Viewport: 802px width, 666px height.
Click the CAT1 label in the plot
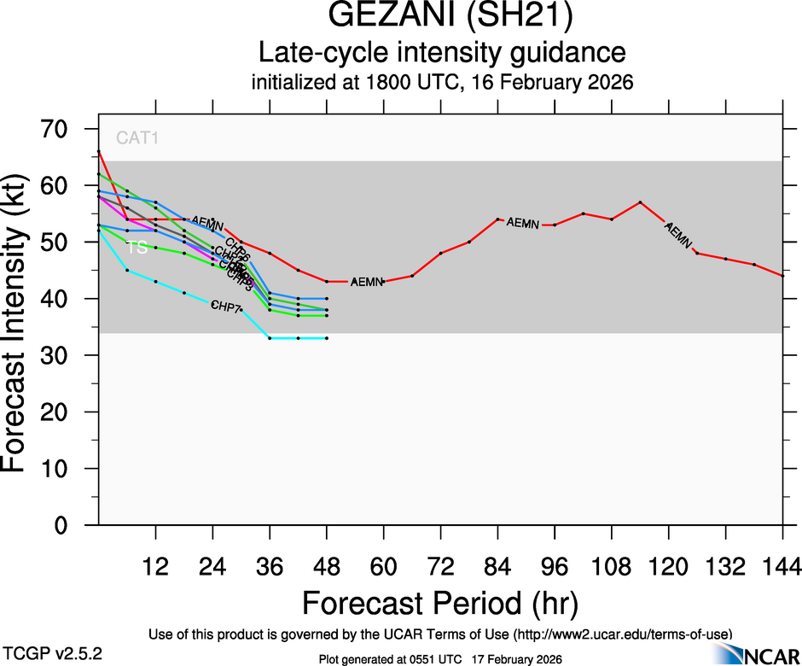tap(137, 137)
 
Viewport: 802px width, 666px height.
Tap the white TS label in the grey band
tap(137, 248)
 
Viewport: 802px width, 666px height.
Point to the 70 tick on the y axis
tap(61, 129)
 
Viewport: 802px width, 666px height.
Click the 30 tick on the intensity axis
tap(61, 355)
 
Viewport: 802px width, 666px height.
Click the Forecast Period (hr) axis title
tap(439, 603)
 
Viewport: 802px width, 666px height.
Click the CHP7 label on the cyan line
tap(226, 306)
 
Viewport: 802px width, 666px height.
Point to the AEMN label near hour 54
tap(367, 282)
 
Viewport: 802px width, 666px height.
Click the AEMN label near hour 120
tap(677, 236)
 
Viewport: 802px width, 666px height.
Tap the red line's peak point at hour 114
tap(640, 202)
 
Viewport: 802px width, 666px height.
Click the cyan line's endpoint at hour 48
tap(327, 338)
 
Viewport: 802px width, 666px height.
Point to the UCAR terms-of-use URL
tap(622, 634)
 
